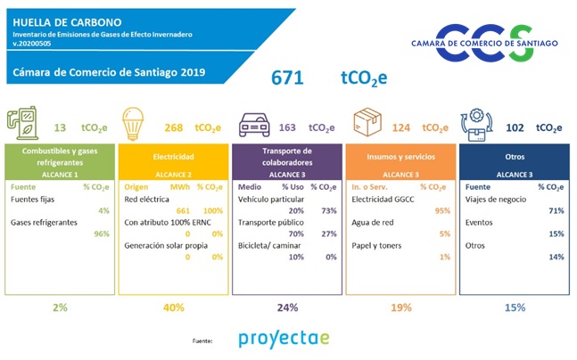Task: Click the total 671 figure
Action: click(287, 78)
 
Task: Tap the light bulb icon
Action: click(133, 126)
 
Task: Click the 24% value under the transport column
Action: click(287, 307)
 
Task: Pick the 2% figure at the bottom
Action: click(60, 307)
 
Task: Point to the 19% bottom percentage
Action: click(400, 307)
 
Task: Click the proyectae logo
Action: click(284, 339)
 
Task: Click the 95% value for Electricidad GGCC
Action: click(440, 210)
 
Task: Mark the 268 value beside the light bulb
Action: click(174, 127)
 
